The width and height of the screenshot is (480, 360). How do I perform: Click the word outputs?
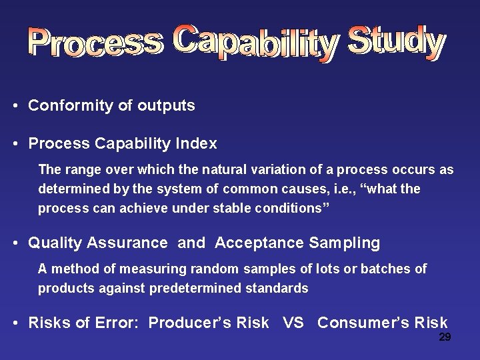(166, 105)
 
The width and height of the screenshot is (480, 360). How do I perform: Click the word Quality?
(53, 243)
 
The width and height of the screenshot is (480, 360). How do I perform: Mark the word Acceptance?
(259, 243)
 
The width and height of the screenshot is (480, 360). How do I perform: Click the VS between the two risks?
(293, 323)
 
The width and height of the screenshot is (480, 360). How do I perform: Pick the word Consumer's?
(363, 323)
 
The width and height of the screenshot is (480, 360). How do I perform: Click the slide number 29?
(445, 337)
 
